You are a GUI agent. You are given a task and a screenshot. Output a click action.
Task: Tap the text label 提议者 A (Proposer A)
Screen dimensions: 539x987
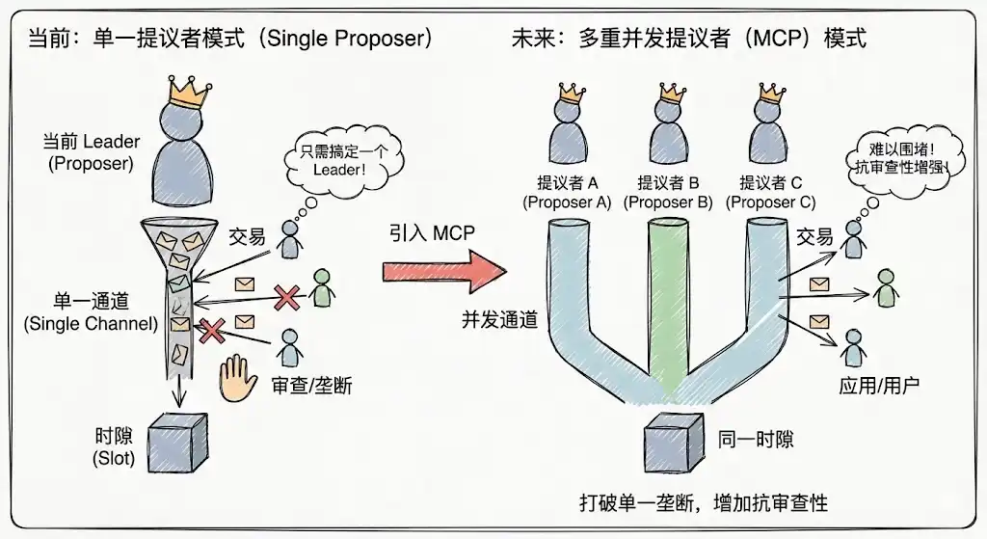click(568, 192)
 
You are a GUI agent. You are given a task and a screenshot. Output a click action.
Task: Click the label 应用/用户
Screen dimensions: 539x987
click(879, 385)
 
